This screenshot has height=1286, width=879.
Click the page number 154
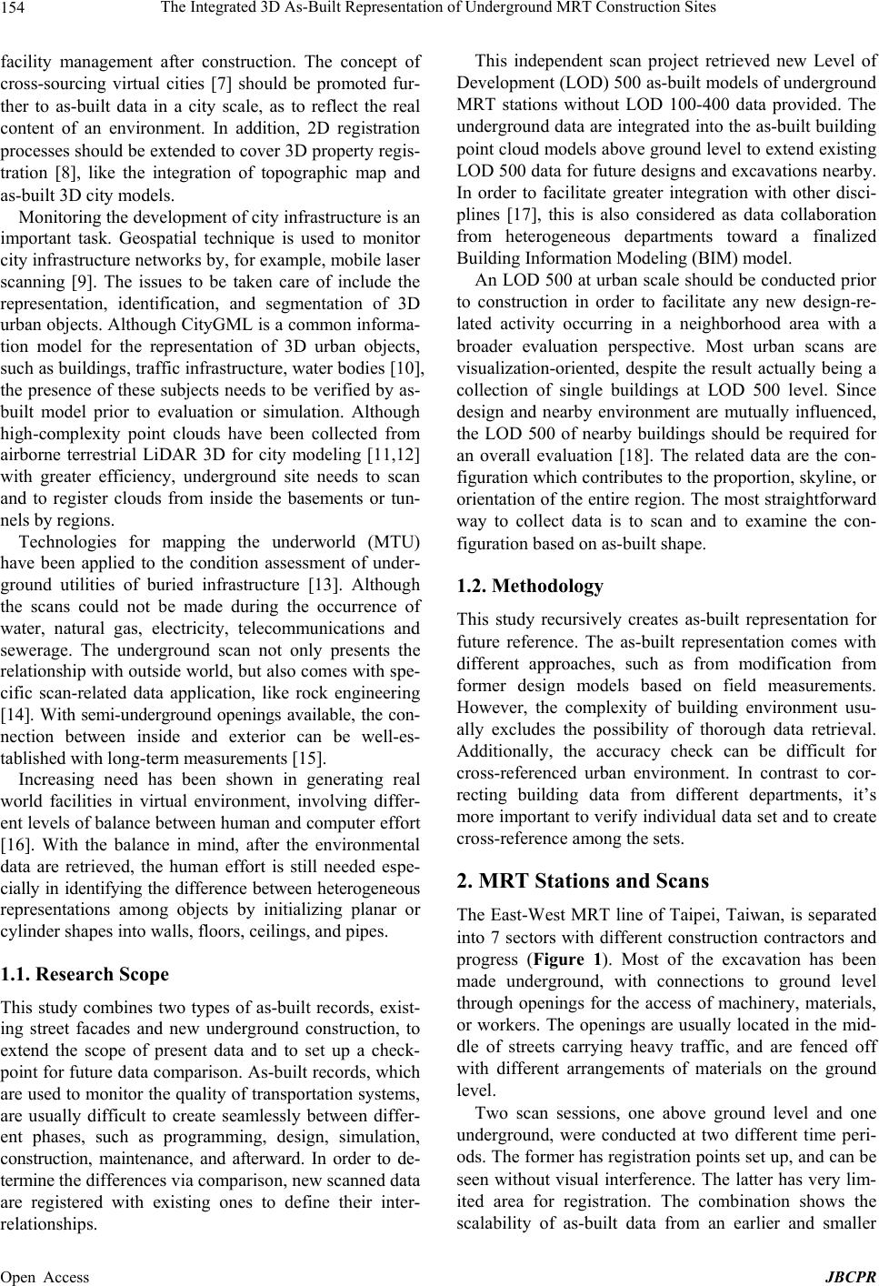click(16, 9)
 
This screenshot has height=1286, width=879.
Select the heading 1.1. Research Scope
click(85, 975)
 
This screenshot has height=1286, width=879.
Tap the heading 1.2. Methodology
click(529, 587)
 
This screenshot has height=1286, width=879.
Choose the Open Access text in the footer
click(45, 1277)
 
